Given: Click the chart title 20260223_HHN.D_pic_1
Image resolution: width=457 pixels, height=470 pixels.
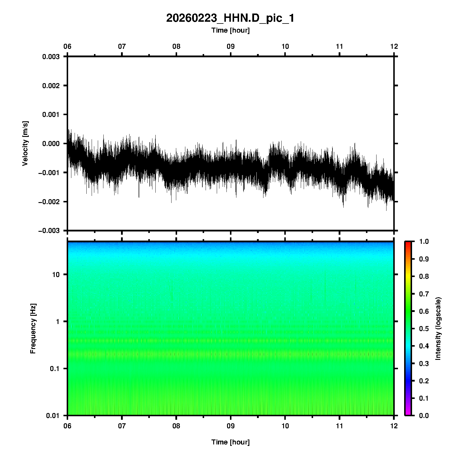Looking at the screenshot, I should [x=230, y=18].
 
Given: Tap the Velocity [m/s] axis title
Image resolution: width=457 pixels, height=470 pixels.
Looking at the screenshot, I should [x=26, y=143].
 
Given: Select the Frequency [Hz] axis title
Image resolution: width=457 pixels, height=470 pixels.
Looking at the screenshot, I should [x=33, y=328].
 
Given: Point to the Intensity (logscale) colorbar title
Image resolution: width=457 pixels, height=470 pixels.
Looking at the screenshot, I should [x=438, y=328].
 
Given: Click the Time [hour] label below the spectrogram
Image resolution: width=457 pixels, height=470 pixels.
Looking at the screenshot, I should [x=230, y=442].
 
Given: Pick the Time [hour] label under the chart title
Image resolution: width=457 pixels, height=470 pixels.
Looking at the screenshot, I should [x=230, y=30].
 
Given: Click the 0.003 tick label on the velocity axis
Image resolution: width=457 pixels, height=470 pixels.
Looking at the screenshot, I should [x=51, y=57].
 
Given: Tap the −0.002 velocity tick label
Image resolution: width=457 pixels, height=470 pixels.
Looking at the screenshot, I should [x=49, y=202].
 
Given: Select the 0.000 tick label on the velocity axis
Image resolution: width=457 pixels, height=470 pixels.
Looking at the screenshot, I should [x=51, y=144].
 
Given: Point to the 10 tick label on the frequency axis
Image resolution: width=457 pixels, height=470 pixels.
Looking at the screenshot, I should [x=56, y=275].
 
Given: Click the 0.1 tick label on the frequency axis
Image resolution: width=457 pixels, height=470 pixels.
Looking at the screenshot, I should [x=54, y=369].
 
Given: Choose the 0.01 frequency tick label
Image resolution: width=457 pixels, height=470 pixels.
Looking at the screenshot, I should [x=53, y=415].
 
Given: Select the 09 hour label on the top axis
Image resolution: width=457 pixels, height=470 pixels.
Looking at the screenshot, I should [x=231, y=46].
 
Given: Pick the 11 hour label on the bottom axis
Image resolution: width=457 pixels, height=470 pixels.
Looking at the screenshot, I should [x=340, y=426].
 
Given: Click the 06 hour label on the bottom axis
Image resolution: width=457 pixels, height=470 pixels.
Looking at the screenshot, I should [x=68, y=426].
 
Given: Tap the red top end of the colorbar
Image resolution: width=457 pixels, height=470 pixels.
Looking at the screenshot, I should [x=408, y=243].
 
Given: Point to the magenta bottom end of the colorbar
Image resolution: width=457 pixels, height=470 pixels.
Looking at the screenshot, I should [x=408, y=414].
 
